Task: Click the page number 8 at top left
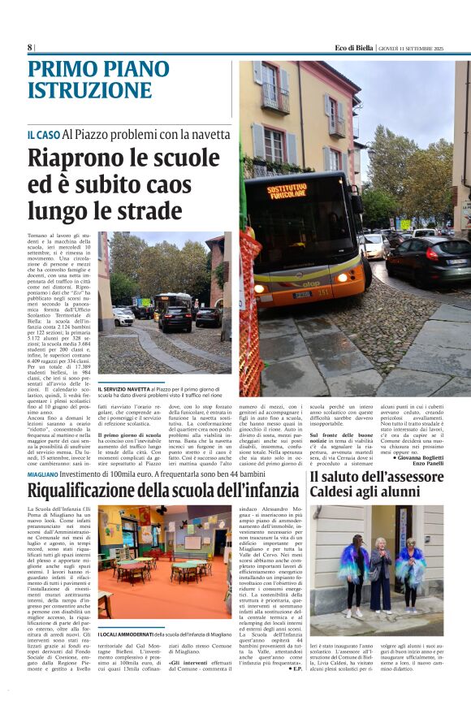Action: click(30, 47)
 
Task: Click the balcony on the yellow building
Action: click(274, 102)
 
